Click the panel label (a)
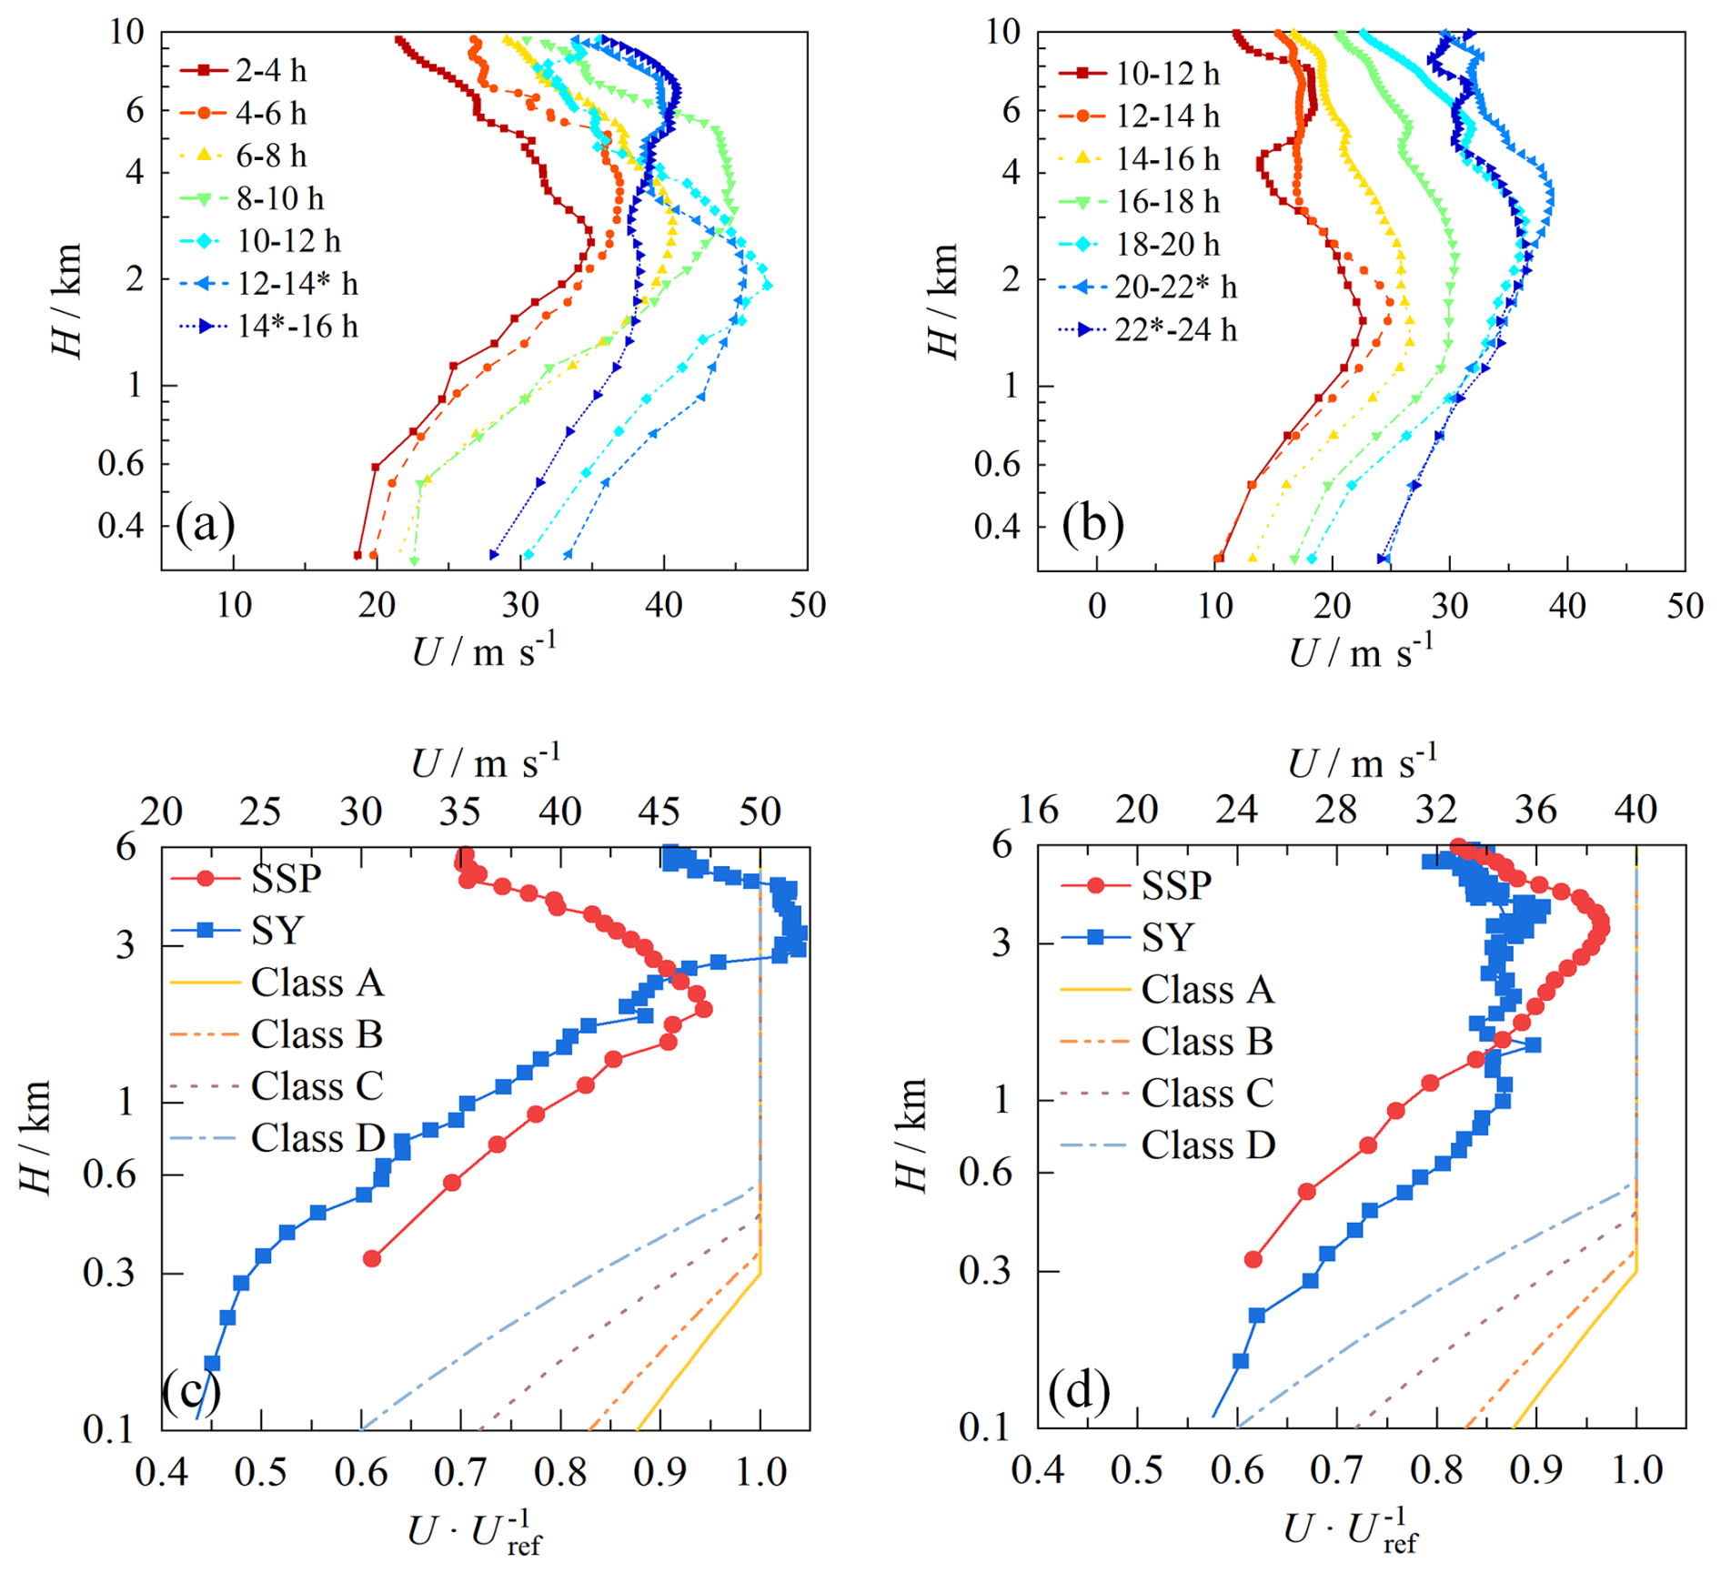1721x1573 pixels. coord(206,525)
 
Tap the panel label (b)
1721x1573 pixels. coord(1092,525)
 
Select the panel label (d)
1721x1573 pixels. coord(1079,1391)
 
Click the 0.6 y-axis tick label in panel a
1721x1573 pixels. coord(120,464)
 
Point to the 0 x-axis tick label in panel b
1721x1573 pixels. coord(1097,606)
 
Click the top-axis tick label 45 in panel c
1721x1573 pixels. coord(659,812)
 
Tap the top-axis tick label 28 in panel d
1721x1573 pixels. coord(1336,810)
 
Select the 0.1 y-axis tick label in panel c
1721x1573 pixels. coord(107,1429)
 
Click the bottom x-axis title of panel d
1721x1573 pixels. coord(1352,1531)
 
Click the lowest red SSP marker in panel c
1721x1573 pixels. coord(371,1258)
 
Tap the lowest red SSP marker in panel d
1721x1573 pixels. coord(1253,1259)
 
